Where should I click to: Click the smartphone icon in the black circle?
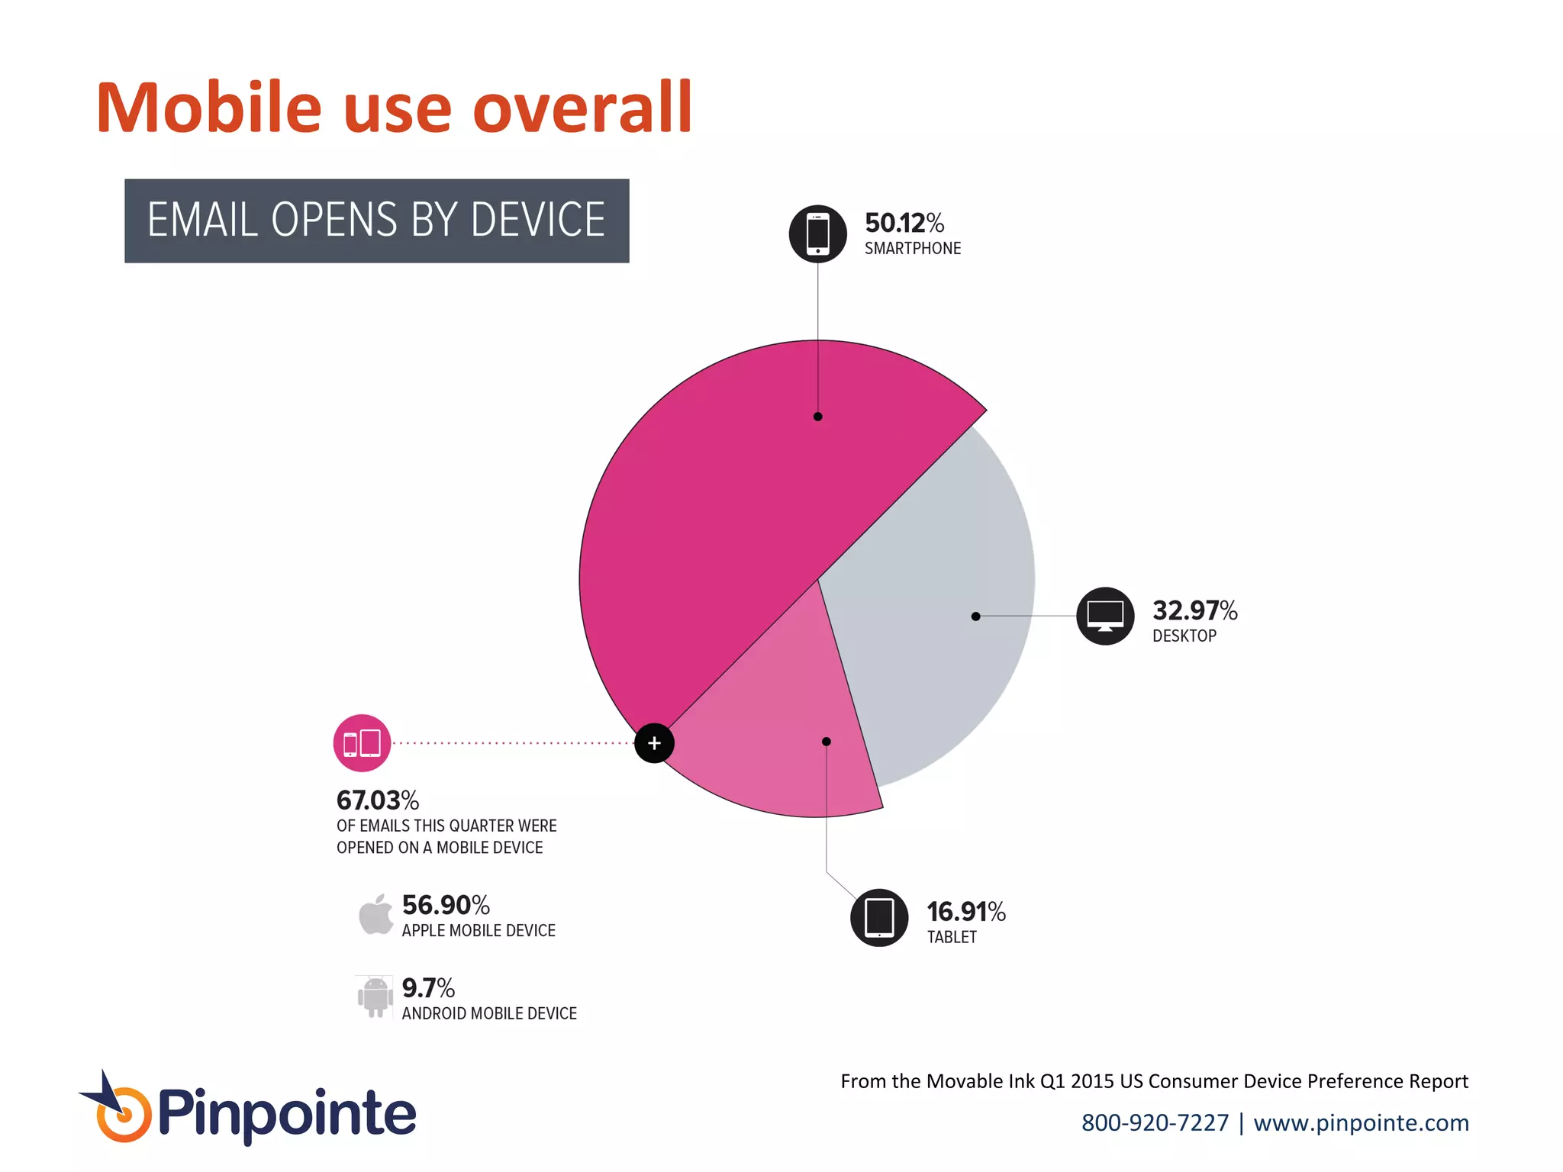click(x=817, y=233)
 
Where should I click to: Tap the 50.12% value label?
click(x=904, y=223)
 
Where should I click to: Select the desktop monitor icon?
click(x=1105, y=616)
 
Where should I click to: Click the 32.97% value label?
click(x=1194, y=610)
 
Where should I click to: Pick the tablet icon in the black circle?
click(x=879, y=917)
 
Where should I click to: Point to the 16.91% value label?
click(x=966, y=912)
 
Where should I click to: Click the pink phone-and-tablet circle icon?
click(x=362, y=743)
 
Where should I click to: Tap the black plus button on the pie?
click(x=654, y=743)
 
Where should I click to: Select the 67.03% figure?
click(x=378, y=800)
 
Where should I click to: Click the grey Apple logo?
click(x=375, y=914)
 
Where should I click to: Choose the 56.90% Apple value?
click(x=446, y=905)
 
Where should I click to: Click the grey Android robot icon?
click(x=375, y=996)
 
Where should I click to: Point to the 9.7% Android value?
click(x=428, y=988)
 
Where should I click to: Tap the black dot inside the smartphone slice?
click(x=817, y=417)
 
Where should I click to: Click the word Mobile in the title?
click(x=209, y=108)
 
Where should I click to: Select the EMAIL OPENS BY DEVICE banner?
click(x=376, y=221)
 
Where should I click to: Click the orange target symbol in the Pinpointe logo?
click(x=123, y=1115)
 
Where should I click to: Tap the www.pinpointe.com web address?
click(x=1361, y=1122)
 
